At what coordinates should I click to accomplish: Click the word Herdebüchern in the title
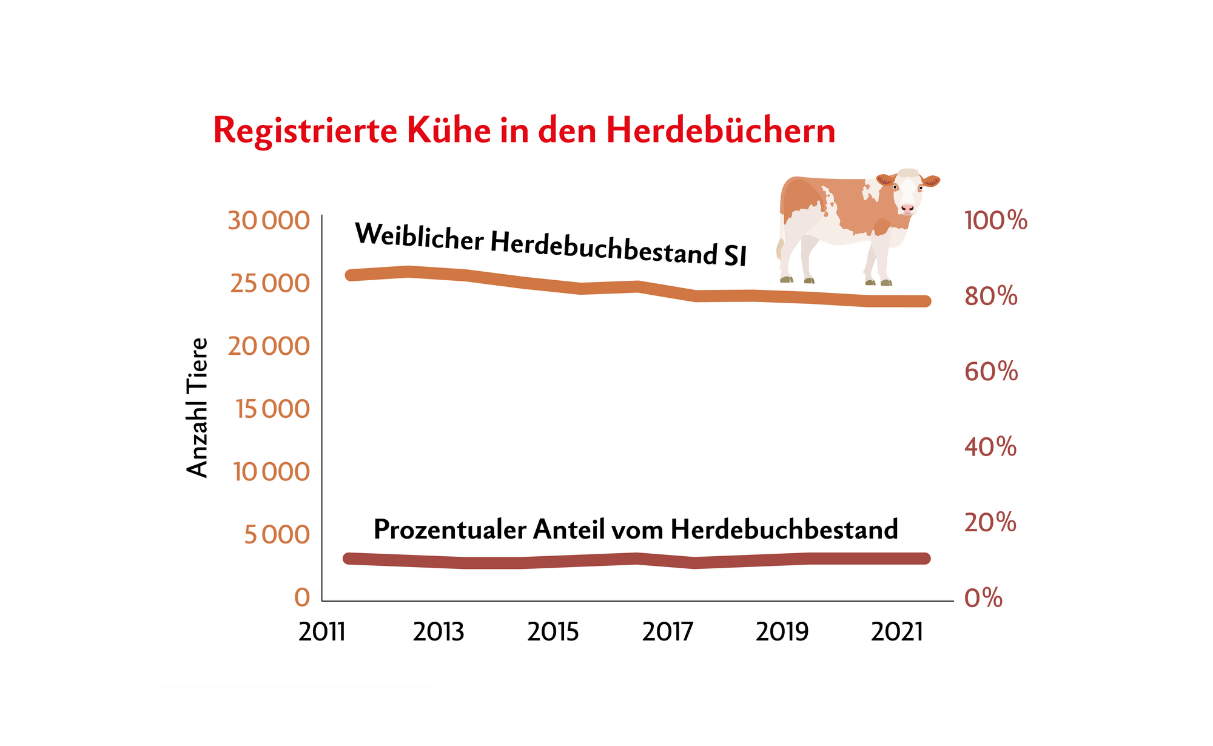721,130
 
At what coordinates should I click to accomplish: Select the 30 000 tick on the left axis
269,221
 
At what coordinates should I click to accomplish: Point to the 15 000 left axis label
272,409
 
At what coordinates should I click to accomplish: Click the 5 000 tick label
277,535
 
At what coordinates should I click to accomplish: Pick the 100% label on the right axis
996,221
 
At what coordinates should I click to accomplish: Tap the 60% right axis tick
991,372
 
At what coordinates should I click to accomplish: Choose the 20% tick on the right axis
990,522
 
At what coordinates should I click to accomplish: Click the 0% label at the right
983,598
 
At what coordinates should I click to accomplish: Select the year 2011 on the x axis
322,633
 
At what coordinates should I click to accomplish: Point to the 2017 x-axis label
667,633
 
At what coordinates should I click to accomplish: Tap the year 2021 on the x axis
897,633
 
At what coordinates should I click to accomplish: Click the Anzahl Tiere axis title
198,408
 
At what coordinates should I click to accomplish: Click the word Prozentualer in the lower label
449,529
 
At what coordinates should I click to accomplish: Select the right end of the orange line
925,301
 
